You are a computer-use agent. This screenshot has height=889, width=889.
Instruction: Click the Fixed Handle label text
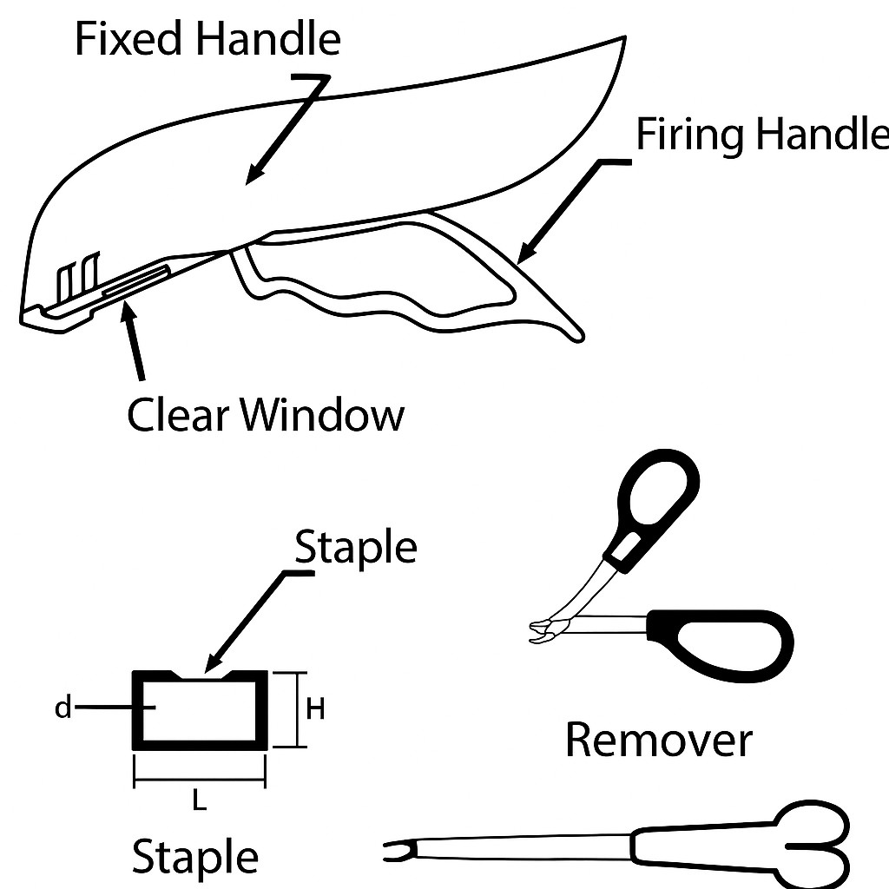coord(207,39)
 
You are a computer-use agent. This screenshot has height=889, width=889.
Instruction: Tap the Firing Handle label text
coord(762,136)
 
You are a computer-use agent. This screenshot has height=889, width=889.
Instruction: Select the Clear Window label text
coord(266,415)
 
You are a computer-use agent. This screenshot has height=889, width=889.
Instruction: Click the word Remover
coord(659,741)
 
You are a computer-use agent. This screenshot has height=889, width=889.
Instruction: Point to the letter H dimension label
coord(315,709)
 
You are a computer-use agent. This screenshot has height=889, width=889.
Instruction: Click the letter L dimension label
coord(199,803)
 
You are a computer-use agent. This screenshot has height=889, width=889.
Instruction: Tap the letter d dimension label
coord(63,708)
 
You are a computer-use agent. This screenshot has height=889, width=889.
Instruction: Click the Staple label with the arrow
coord(356,548)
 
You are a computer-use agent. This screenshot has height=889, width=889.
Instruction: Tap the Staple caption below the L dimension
coord(194,856)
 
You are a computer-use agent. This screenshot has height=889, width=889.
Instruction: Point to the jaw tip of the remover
coord(540,632)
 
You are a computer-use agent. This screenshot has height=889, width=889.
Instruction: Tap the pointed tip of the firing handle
coord(576,334)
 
